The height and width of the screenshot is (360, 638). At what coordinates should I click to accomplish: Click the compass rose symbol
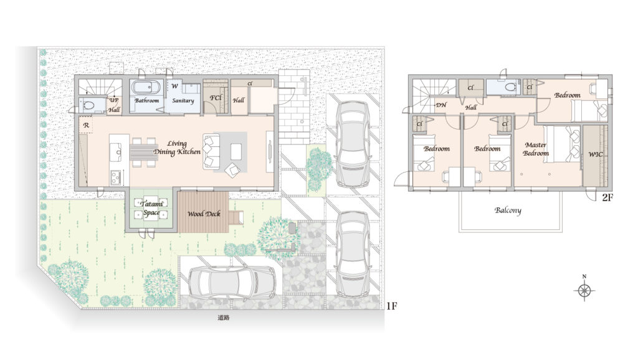click(584, 290)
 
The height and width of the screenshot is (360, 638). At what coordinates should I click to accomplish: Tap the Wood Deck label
click(204, 214)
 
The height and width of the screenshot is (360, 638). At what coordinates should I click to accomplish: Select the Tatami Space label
click(151, 208)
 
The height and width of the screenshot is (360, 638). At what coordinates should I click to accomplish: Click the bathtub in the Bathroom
click(146, 88)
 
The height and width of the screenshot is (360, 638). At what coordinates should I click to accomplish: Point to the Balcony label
click(508, 211)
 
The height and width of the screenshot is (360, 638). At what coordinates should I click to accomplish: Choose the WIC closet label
click(595, 154)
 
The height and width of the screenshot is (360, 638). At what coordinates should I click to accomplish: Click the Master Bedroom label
click(536, 149)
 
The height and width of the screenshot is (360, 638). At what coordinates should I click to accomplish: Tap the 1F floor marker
click(391, 306)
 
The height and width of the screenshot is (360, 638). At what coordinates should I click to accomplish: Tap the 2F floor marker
click(607, 197)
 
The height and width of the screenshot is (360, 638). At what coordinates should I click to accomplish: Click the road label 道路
click(224, 318)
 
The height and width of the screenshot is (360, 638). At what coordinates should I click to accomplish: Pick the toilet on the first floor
click(88, 106)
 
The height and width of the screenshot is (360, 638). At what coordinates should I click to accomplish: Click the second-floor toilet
click(509, 87)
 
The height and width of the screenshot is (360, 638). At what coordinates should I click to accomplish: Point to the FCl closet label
click(216, 98)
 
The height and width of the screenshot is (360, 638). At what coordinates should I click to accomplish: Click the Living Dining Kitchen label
click(178, 148)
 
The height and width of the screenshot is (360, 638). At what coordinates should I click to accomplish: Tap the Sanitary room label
click(183, 100)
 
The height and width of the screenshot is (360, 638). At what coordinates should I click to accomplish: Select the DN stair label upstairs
click(441, 105)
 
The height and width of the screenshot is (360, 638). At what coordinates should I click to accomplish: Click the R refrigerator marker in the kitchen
click(86, 125)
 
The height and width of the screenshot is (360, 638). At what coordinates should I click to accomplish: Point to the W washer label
click(174, 86)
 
